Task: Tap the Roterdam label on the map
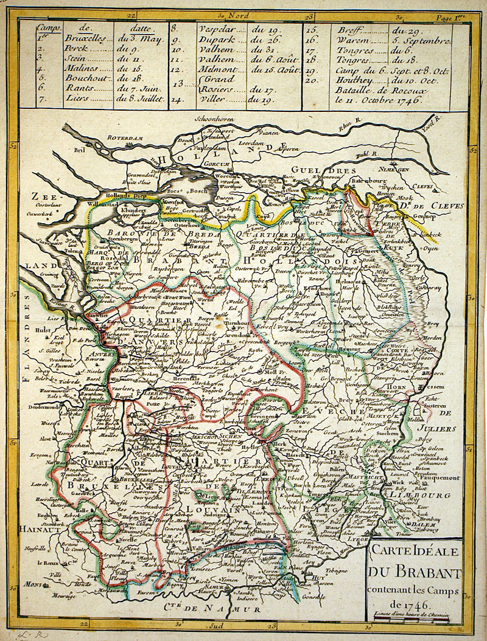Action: (x=128, y=138)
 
